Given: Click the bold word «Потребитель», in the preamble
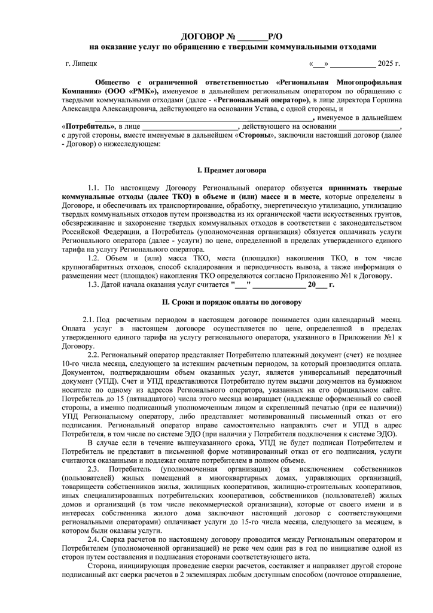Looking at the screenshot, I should click(89, 128).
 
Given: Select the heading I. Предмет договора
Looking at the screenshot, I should click(232, 171).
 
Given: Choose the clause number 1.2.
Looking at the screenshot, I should click(93, 259).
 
